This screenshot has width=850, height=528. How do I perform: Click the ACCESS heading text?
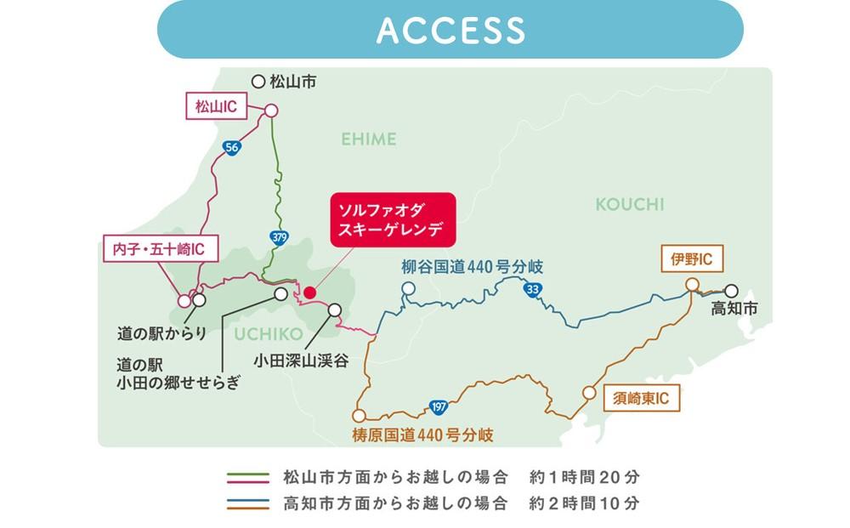[x=450, y=30]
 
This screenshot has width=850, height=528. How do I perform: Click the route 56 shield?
[x=232, y=147]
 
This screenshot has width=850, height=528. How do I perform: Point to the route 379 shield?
[x=279, y=236]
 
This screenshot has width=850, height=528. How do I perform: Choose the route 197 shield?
[x=439, y=406]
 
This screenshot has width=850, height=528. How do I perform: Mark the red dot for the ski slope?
[x=310, y=292]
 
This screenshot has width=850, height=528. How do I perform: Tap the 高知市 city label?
[x=734, y=310]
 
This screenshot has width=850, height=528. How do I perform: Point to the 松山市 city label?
[x=292, y=82]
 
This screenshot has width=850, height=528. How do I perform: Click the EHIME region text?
[x=369, y=139]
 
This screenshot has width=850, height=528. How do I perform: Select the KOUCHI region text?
[x=630, y=205]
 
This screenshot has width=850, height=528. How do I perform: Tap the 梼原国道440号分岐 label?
[x=422, y=436]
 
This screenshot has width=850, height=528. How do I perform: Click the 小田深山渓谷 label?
[x=306, y=361]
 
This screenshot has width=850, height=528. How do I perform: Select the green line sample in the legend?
[x=251, y=475]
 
